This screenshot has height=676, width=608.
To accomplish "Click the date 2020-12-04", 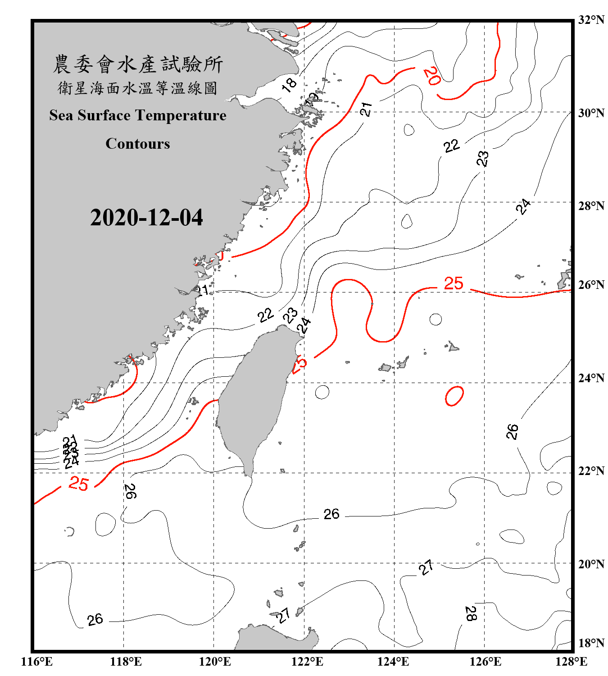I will (x=146, y=217).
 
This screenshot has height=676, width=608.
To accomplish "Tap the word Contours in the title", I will (x=138, y=143).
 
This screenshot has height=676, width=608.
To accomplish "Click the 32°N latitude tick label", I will (x=591, y=20).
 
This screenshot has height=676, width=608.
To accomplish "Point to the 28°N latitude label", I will (x=591, y=206).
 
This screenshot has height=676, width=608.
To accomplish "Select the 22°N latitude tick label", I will (x=591, y=471).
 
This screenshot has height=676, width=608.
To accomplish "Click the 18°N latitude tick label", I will (x=591, y=643).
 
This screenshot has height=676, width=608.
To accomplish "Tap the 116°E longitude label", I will (x=37, y=662).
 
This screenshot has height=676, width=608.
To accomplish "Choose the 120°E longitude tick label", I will (x=215, y=662).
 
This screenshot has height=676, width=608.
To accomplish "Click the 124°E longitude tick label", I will (x=393, y=662).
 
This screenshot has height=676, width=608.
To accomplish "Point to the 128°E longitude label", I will (x=571, y=662).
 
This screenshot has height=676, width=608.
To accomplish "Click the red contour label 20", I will (x=432, y=76).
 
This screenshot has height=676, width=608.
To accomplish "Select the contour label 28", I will (x=471, y=613).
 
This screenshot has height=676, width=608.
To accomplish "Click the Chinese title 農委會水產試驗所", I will (x=138, y=64).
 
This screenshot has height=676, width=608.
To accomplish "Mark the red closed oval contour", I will (x=454, y=396).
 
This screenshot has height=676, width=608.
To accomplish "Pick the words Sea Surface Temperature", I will (x=138, y=115).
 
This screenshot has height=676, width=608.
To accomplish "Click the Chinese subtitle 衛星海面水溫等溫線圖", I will (x=138, y=88).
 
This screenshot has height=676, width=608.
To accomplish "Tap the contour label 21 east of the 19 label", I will (x=366, y=109).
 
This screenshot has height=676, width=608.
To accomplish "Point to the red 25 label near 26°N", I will (x=454, y=283).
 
